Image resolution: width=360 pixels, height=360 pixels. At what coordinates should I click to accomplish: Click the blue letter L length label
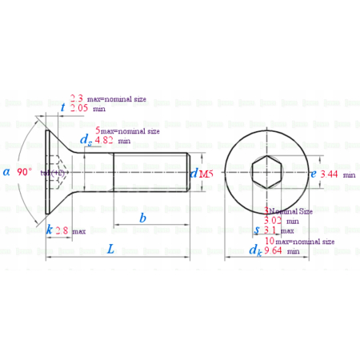[111, 249]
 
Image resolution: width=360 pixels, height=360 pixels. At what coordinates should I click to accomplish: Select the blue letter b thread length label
[142, 218]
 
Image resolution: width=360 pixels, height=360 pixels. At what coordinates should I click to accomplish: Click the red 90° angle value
[25, 172]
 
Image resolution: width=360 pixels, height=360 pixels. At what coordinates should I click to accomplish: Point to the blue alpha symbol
[6, 172]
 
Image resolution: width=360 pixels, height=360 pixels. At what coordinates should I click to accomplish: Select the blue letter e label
[314, 173]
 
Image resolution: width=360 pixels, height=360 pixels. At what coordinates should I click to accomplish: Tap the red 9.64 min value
[274, 250]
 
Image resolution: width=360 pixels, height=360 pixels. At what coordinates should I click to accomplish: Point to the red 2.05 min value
[78, 107]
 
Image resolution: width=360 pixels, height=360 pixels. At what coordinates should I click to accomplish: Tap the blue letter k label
[50, 230]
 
